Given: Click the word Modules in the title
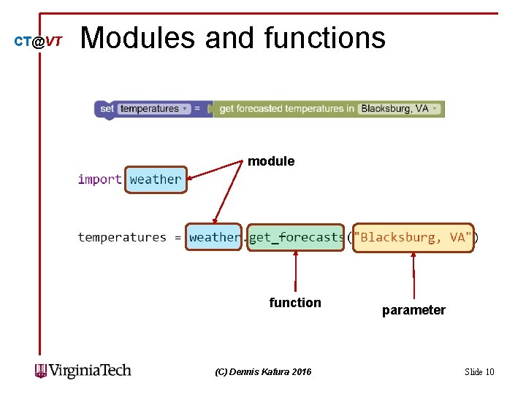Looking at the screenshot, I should (x=138, y=38).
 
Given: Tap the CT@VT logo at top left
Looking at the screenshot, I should (x=39, y=42).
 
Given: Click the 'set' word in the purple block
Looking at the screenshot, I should (x=107, y=109).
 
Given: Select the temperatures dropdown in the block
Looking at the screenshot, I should (x=154, y=109).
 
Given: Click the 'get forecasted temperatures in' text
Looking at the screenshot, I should (x=286, y=109).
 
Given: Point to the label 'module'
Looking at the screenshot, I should (x=271, y=161).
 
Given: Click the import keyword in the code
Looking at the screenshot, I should (x=99, y=179).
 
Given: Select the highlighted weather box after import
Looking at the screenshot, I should (x=156, y=179).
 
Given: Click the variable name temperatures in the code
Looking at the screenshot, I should (x=121, y=237).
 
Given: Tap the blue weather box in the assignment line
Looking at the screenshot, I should (x=213, y=237).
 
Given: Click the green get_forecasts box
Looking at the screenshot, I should (x=295, y=237).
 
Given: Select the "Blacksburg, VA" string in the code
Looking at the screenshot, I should (x=413, y=237).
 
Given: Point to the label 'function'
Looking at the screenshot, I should (x=295, y=303).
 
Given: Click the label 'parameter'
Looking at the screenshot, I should (x=413, y=310).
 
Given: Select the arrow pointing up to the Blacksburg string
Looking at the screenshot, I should (x=413, y=274).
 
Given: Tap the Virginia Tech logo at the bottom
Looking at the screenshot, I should (x=83, y=371).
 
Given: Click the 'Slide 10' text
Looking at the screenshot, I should (x=479, y=372).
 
